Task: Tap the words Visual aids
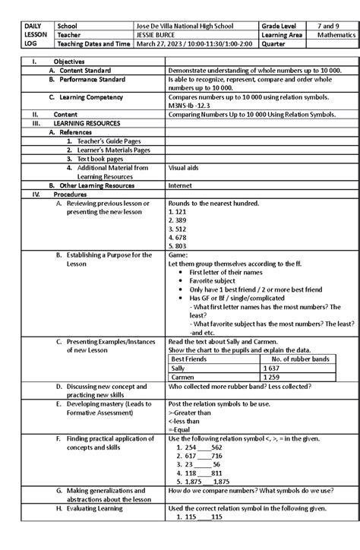(x=184, y=167)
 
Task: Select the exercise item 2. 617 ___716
(x=195, y=455)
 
